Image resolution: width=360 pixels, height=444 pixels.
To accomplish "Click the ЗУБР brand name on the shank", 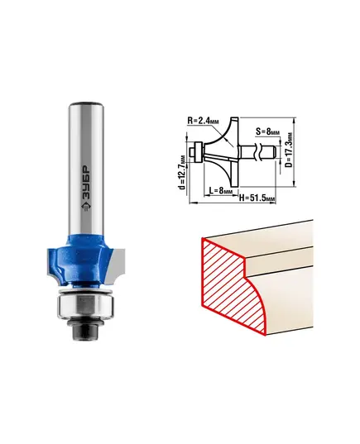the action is pyautogui.click(x=86, y=183).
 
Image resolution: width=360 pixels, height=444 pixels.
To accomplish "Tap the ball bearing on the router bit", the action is pyautogui.click(x=85, y=308).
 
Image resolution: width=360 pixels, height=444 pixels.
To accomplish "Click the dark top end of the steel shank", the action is pyautogui.click(x=87, y=103).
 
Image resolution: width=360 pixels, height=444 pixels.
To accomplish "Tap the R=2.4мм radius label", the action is pyautogui.click(x=204, y=121).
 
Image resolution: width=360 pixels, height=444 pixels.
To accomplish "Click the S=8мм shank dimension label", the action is pyautogui.click(x=267, y=131).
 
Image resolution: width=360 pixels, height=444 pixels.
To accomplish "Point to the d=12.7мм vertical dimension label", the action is pyautogui.click(x=183, y=172).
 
